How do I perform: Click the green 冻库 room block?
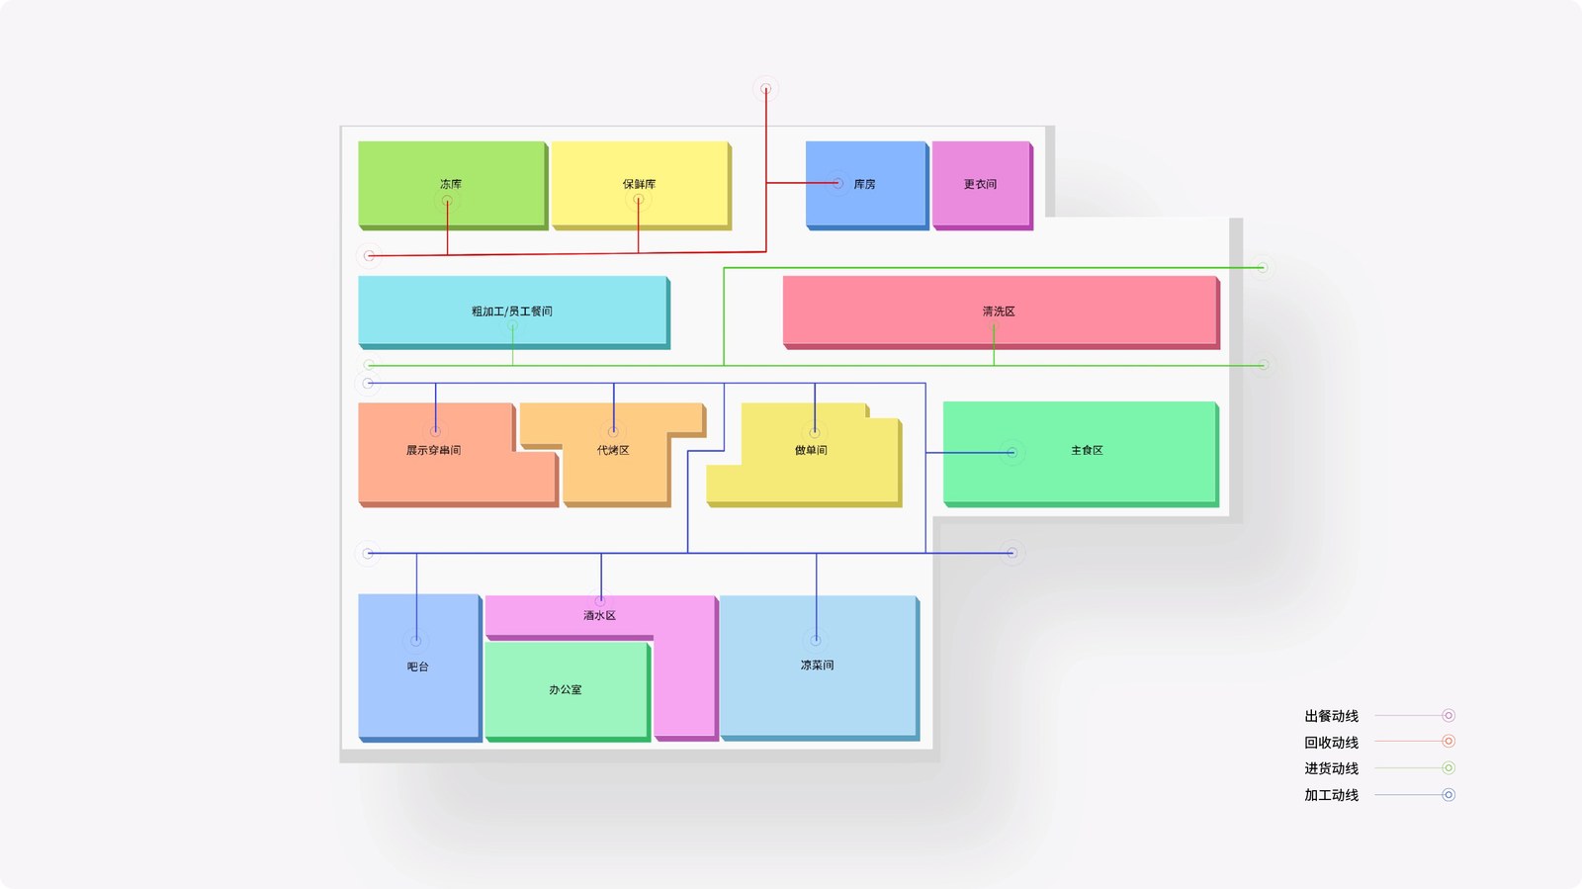coord(453,185)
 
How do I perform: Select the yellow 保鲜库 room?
coord(641,185)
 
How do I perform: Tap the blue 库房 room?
coord(866,185)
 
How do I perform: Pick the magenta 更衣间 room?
coord(982,185)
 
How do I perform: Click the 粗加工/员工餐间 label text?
coord(512,311)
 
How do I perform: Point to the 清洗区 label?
coord(999,311)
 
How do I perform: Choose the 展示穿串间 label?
coord(433,451)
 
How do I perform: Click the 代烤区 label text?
coord(613,451)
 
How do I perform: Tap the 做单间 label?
coord(811,451)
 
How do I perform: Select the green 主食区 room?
coord(1081,454)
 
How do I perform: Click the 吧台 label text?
coord(417,667)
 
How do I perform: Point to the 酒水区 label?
coord(599,616)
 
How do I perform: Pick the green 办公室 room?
coord(568,691)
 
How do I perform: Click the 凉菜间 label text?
coord(817,666)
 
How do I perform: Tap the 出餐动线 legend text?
coord(1331,716)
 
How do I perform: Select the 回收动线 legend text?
coord(1331,742)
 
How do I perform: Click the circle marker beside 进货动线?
coord(1448,767)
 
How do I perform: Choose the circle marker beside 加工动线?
coord(1448,794)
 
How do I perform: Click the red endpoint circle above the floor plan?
coord(765,89)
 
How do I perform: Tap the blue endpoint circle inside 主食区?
coord(1012,453)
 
